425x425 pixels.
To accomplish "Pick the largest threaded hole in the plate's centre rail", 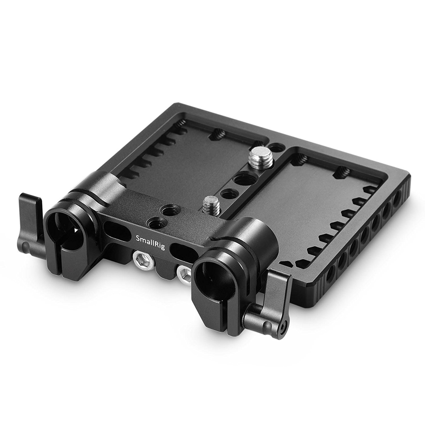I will point(241,179).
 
